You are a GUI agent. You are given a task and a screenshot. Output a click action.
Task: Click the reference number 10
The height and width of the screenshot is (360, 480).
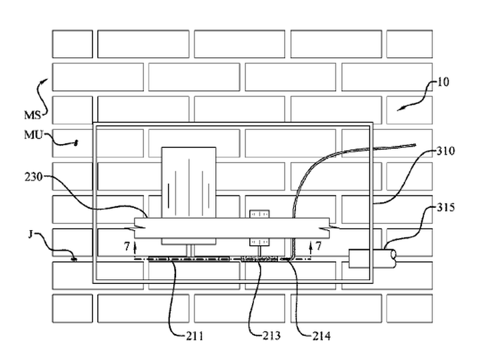pos(443,82)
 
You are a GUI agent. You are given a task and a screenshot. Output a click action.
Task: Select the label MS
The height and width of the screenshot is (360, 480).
pos(33,115)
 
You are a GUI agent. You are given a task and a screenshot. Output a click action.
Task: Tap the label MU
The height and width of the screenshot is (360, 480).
pos(33,135)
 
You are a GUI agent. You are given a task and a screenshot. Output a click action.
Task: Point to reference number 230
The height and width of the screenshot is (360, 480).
pos(34,177)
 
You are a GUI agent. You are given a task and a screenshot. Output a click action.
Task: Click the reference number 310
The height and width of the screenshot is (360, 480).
pos(446,151)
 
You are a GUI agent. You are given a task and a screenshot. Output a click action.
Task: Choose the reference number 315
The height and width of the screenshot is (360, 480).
pos(446,207)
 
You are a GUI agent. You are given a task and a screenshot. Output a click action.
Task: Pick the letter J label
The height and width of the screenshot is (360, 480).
pos(30,235)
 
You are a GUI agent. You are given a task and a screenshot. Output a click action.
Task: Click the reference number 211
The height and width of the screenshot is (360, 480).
pos(195,336)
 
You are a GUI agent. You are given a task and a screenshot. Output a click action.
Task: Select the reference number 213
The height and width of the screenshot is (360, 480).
pos(271,336)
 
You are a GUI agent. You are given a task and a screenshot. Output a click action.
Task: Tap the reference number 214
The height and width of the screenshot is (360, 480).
pos(322,336)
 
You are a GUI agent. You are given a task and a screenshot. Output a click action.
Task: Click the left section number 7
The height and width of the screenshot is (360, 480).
pos(127,246)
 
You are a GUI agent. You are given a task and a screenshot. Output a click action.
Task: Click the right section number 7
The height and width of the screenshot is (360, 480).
pos(319,245)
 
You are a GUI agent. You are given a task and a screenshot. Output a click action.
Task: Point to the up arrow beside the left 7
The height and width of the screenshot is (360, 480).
pos(135,247)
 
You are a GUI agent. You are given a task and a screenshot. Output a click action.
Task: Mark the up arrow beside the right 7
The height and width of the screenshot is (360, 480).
pos(311,247)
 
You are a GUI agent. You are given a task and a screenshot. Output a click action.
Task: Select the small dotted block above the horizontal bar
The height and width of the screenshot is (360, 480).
pos(259,214)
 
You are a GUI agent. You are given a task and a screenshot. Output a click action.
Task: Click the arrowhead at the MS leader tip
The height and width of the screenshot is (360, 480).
pos(46,80)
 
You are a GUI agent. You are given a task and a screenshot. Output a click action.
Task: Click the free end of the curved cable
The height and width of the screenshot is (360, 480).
pos(415,145)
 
